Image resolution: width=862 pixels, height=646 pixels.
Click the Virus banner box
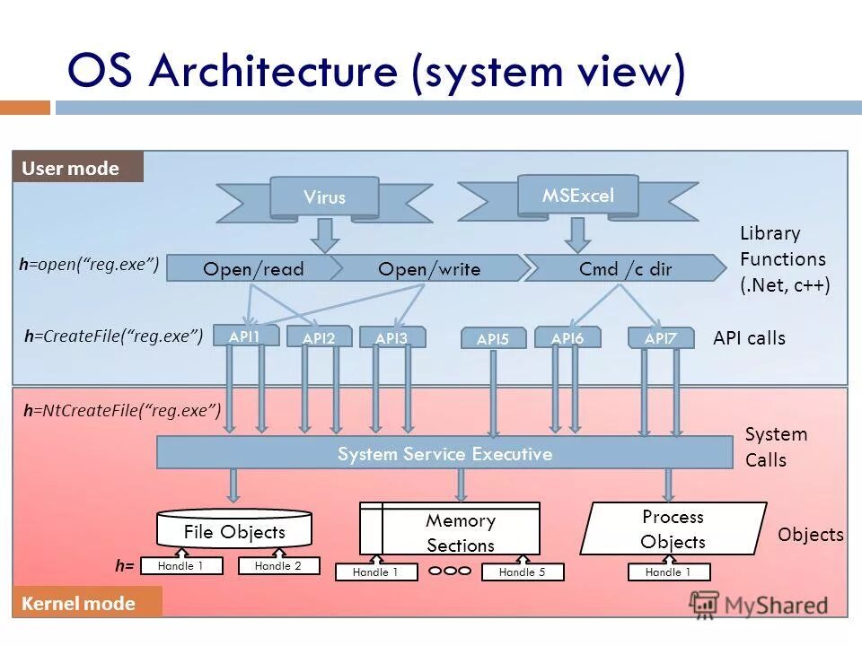click(x=324, y=197)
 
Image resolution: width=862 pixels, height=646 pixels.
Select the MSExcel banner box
click(x=577, y=196)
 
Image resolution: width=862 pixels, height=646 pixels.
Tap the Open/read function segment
click(x=253, y=268)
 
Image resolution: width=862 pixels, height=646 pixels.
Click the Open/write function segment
click(x=428, y=268)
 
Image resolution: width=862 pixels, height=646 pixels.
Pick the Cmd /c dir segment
click(x=625, y=268)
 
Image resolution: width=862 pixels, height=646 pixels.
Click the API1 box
click(x=245, y=336)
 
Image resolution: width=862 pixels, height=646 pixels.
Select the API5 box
click(x=493, y=338)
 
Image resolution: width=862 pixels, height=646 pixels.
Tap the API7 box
click(x=660, y=337)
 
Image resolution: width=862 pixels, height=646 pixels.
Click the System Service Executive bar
click(x=444, y=453)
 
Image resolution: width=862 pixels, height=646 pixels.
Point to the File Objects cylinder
click(x=234, y=531)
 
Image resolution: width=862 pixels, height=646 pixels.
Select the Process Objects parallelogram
click(x=673, y=529)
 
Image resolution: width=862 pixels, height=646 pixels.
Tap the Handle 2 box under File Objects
click(x=278, y=566)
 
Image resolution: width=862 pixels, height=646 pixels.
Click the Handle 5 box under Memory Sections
click(x=523, y=572)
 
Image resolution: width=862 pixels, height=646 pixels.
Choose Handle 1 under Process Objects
click(x=668, y=572)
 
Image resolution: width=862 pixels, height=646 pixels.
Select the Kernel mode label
click(x=87, y=603)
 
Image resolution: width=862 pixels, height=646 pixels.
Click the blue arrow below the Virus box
click(x=325, y=235)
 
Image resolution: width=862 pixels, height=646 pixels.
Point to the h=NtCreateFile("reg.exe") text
click(x=122, y=410)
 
